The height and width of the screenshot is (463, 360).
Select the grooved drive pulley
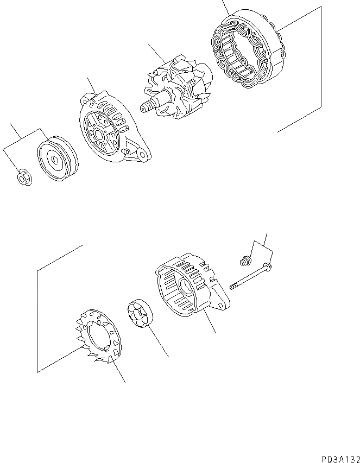point(58,160)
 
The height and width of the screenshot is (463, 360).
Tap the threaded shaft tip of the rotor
point(145,107)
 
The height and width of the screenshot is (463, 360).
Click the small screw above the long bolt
point(244,263)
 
